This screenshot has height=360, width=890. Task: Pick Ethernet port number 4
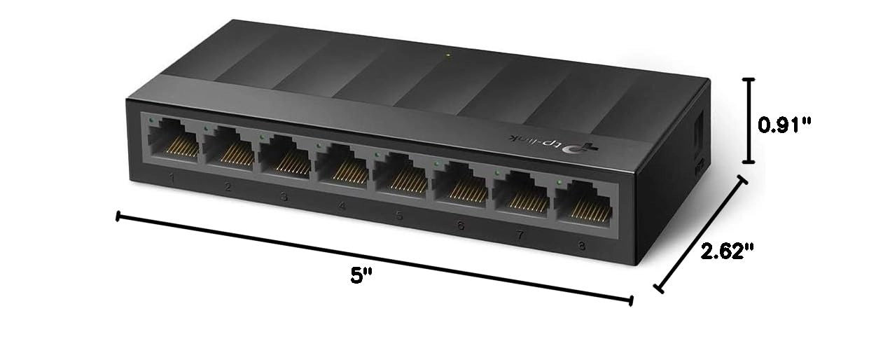point(342,162)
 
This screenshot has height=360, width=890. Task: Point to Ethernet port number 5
point(401,170)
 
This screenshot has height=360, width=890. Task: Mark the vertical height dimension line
point(749,120)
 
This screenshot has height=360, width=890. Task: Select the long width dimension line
point(375,258)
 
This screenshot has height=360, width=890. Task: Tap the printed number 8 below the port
point(581,245)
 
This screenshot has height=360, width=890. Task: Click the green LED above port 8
point(559,182)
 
